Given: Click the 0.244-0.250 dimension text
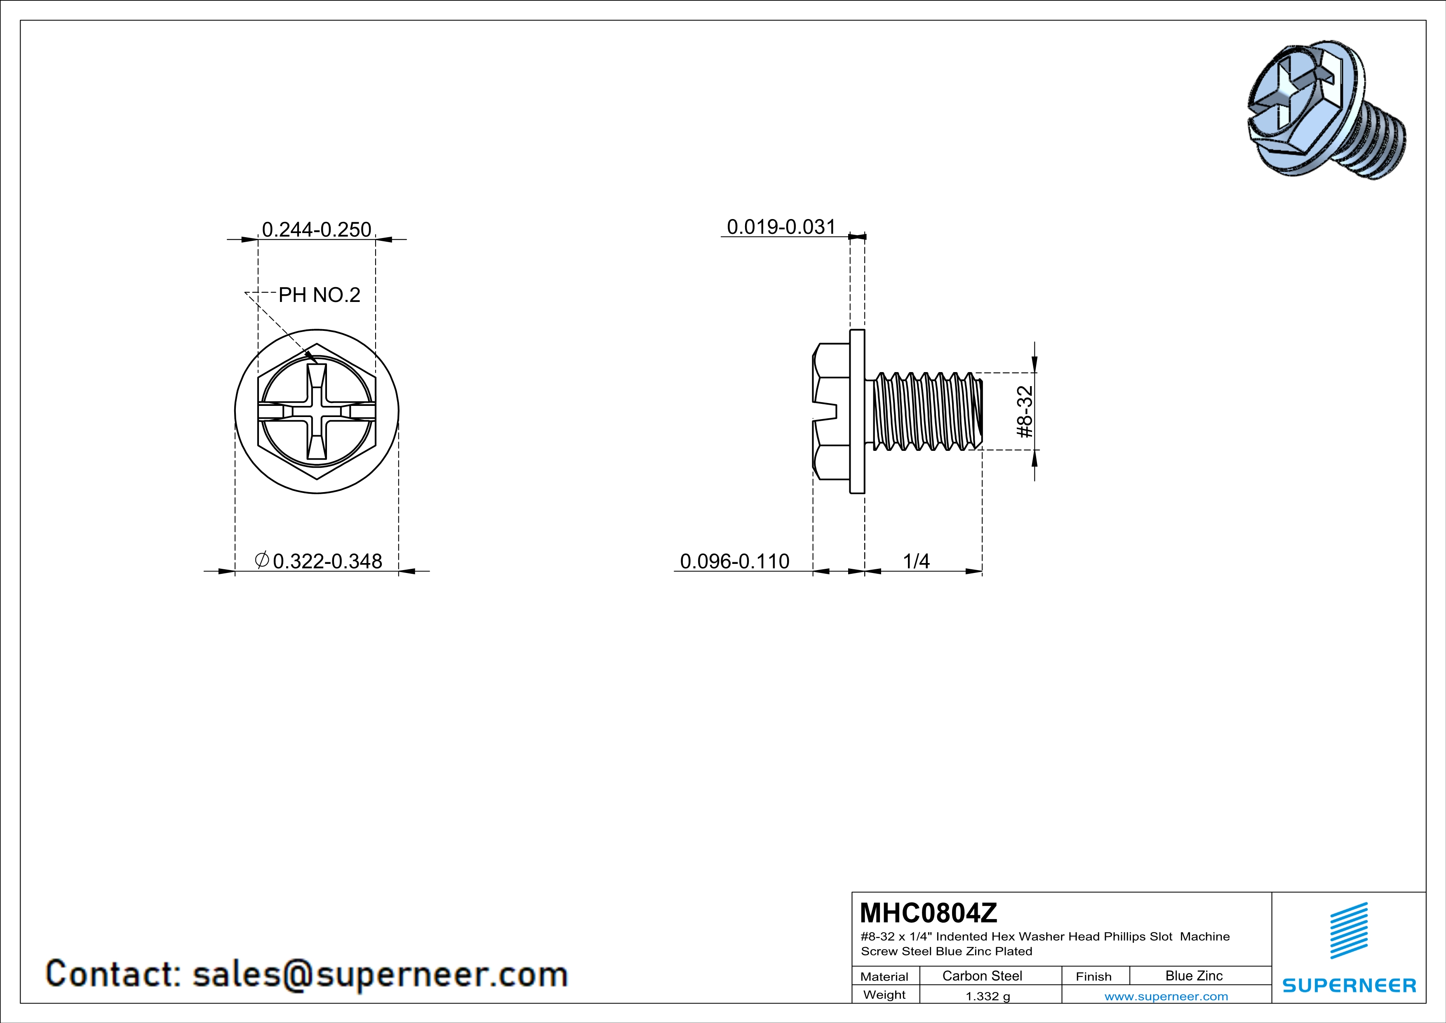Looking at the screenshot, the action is coord(316,229).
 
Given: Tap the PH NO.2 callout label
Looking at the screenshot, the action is coord(319,295).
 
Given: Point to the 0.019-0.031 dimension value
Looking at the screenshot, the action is coord(781,227).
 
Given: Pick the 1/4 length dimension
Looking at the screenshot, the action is coord(916,561).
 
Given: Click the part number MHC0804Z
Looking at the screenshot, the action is coord(928,912).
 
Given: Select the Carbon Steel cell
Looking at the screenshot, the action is coord(982,976).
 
